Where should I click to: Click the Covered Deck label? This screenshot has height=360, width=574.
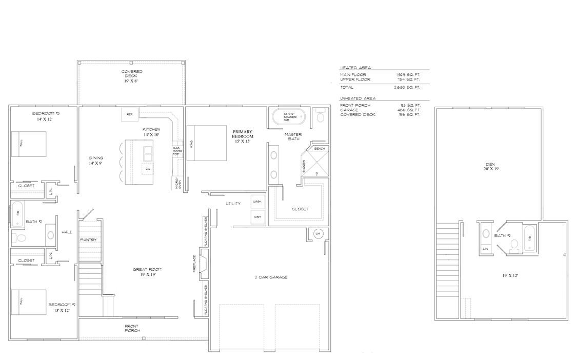click(132, 76)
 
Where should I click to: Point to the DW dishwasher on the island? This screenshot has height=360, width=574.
click(148, 169)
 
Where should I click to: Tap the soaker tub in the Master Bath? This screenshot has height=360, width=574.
click(287, 118)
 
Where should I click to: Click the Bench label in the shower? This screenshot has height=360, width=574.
click(319, 148)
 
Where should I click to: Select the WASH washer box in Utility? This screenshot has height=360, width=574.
click(258, 202)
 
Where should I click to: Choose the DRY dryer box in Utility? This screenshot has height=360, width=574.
click(258, 217)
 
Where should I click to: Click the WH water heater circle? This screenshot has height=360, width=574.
click(318, 234)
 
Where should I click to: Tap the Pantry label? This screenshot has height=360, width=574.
click(88, 240)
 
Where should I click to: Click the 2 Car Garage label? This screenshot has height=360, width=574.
click(271, 277)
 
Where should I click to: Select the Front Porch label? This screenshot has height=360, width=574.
click(131, 328)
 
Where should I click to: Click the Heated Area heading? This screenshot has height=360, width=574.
click(355, 68)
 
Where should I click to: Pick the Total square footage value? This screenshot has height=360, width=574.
click(408, 88)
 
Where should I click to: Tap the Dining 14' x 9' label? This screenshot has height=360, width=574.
click(96, 161)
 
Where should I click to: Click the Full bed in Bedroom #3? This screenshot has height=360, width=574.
click(29, 144)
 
